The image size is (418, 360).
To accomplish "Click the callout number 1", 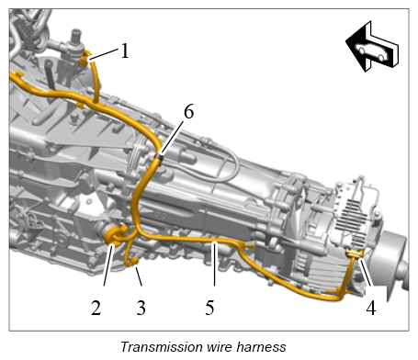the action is tap(125, 51).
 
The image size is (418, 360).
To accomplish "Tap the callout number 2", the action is tap(96, 308).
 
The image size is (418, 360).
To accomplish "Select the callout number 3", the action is tap(141, 308).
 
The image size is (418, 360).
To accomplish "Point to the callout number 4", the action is tap(371, 308).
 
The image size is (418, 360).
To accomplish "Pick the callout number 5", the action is tap(209, 308).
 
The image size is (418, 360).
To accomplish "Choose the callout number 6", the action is tap(189, 111).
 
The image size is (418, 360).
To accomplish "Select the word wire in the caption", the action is tap(220, 347).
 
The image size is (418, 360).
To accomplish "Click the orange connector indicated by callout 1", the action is tap(85, 58).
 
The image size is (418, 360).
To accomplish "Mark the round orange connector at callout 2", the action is tap(115, 235).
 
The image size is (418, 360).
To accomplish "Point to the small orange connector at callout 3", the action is tap(133, 262).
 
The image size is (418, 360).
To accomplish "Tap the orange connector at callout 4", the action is tap(355, 253).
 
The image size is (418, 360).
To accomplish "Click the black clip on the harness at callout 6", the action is tap(159, 157).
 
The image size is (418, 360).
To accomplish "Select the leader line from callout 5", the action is tap(215, 264).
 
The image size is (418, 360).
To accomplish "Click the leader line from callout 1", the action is tap(104, 53).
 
